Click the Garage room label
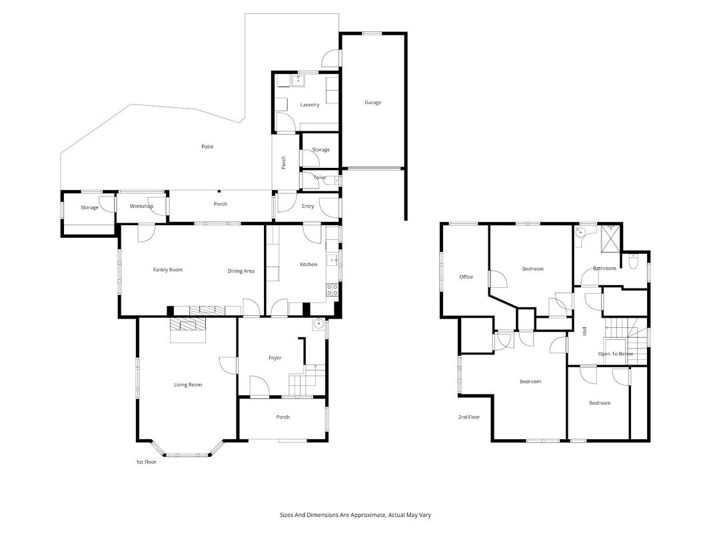(372, 103)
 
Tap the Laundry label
(310, 105)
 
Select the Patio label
(207, 147)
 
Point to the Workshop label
(141, 207)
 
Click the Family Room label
(168, 270)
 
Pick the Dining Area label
(241, 271)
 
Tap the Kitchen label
(309, 265)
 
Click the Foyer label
(275, 358)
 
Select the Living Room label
(188, 385)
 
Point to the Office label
(466, 276)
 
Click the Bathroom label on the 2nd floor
(604, 268)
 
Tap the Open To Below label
(615, 354)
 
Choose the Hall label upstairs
(584, 331)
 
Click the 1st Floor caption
(147, 462)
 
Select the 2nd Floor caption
(469, 417)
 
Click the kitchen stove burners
(332, 290)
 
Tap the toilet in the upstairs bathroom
(633, 261)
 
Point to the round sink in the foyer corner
(319, 324)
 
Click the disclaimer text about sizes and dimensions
(355, 515)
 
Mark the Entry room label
(308, 207)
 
